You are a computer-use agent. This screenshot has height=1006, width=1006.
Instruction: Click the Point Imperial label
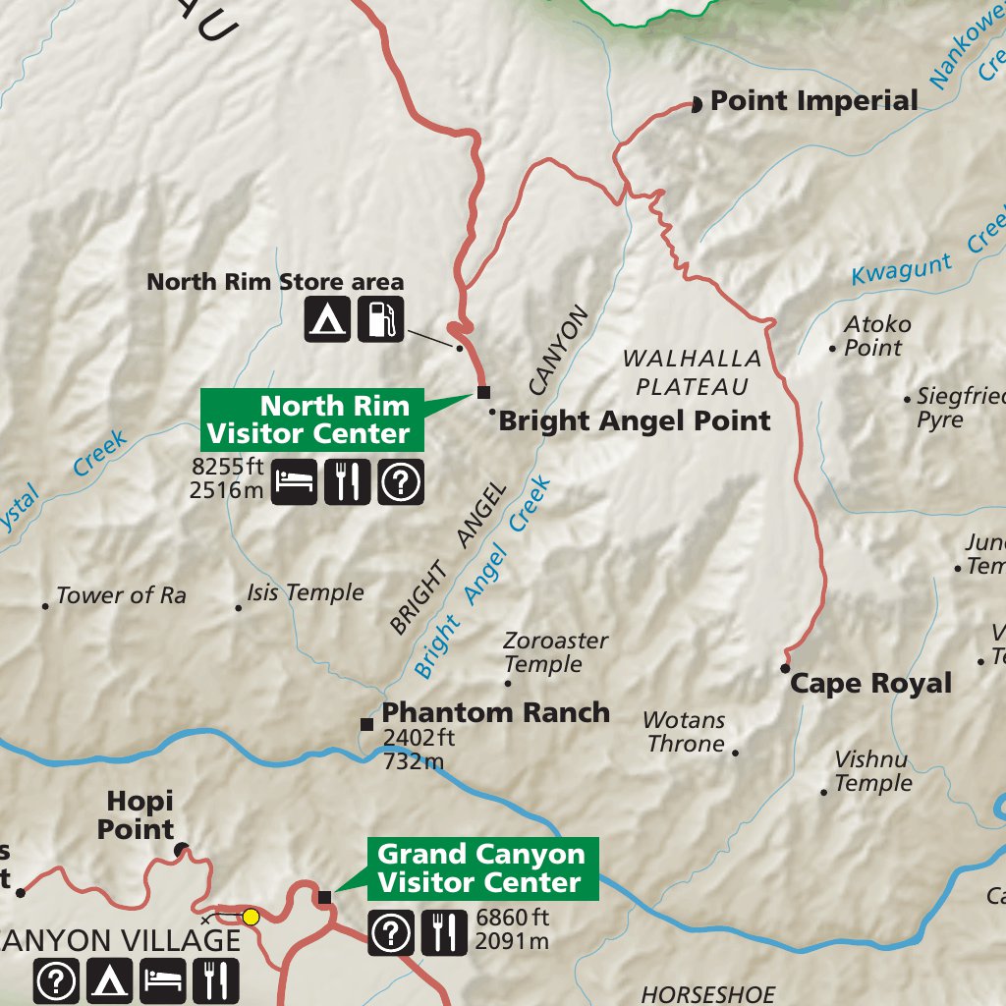coord(813,101)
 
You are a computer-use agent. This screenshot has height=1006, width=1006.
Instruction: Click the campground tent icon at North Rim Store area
coord(326,319)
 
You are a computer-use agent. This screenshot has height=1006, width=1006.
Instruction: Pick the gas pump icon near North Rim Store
coord(380,319)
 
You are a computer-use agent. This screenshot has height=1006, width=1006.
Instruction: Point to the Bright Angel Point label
coord(635,421)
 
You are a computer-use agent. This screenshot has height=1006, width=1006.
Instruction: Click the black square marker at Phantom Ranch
coord(366,724)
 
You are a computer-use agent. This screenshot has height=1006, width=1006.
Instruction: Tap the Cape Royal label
coord(870,684)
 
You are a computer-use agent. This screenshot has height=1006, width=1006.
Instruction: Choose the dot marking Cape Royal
coord(785,668)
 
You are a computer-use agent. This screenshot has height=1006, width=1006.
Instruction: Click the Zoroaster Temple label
coord(555,652)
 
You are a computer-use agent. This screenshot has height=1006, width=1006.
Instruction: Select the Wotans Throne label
coord(686,733)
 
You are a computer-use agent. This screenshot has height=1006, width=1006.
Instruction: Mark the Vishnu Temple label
coord(872,772)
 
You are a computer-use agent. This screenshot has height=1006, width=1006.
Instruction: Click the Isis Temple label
coord(305,593)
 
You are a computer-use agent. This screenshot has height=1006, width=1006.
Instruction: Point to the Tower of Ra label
coord(121,595)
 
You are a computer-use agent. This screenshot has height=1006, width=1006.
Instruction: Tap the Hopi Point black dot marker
coord(181,848)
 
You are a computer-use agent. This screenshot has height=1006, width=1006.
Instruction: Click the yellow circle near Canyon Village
coord(251,917)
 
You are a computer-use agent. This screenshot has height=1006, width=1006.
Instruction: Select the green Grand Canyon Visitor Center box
coord(481,868)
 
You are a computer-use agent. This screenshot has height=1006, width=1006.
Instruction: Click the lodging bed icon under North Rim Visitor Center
coord(294,481)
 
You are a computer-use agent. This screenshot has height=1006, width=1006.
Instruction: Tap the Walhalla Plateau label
coord(692,372)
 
